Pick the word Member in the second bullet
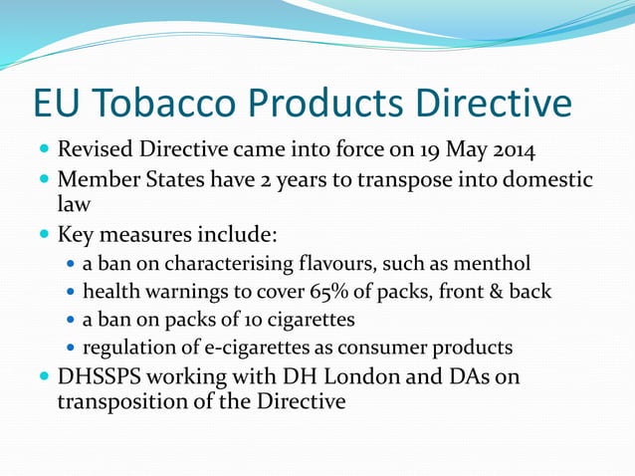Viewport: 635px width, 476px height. coord(103,180)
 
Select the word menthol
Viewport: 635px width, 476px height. coord(494,264)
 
